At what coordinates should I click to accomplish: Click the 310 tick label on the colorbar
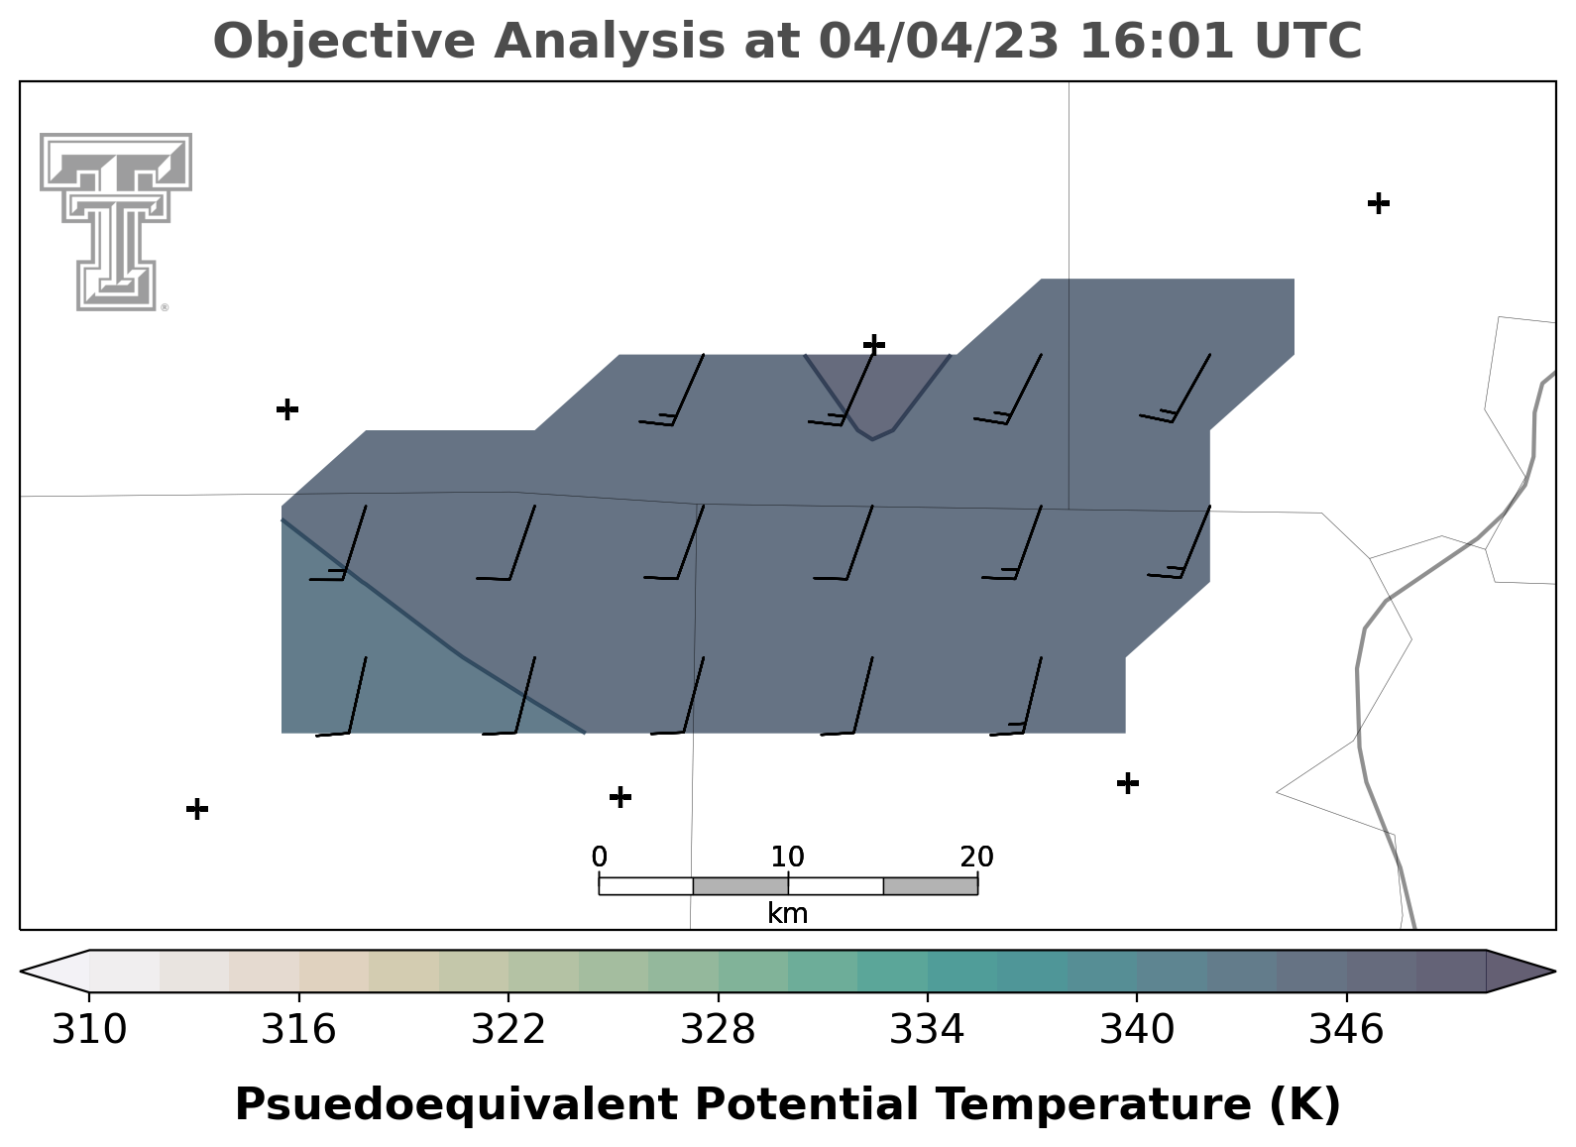pos(89,1029)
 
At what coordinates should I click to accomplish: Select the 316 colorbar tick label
pos(298,1029)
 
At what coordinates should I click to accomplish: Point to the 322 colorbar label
pos(507,1029)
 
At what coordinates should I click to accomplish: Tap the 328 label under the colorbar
pos(718,1029)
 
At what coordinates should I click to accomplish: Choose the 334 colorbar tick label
pos(927,1029)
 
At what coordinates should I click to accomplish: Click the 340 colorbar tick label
pos(1136,1029)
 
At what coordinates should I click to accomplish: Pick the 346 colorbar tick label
pos(1346,1029)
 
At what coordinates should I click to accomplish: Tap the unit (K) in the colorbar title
pos(1305,1104)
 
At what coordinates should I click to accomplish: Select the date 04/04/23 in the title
pos(939,41)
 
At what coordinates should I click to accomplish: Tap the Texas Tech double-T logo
pos(116,222)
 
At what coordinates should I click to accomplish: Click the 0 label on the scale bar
pos(599,858)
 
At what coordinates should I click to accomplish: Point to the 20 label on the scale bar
pos(976,858)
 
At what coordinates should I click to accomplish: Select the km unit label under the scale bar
pos(787,913)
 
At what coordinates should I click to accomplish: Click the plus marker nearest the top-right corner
pos(1379,203)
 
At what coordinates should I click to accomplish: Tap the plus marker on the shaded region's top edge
pos(874,345)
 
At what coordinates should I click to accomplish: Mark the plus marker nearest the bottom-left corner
pos(197,809)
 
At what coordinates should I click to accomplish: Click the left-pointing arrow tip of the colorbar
pos(21,972)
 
